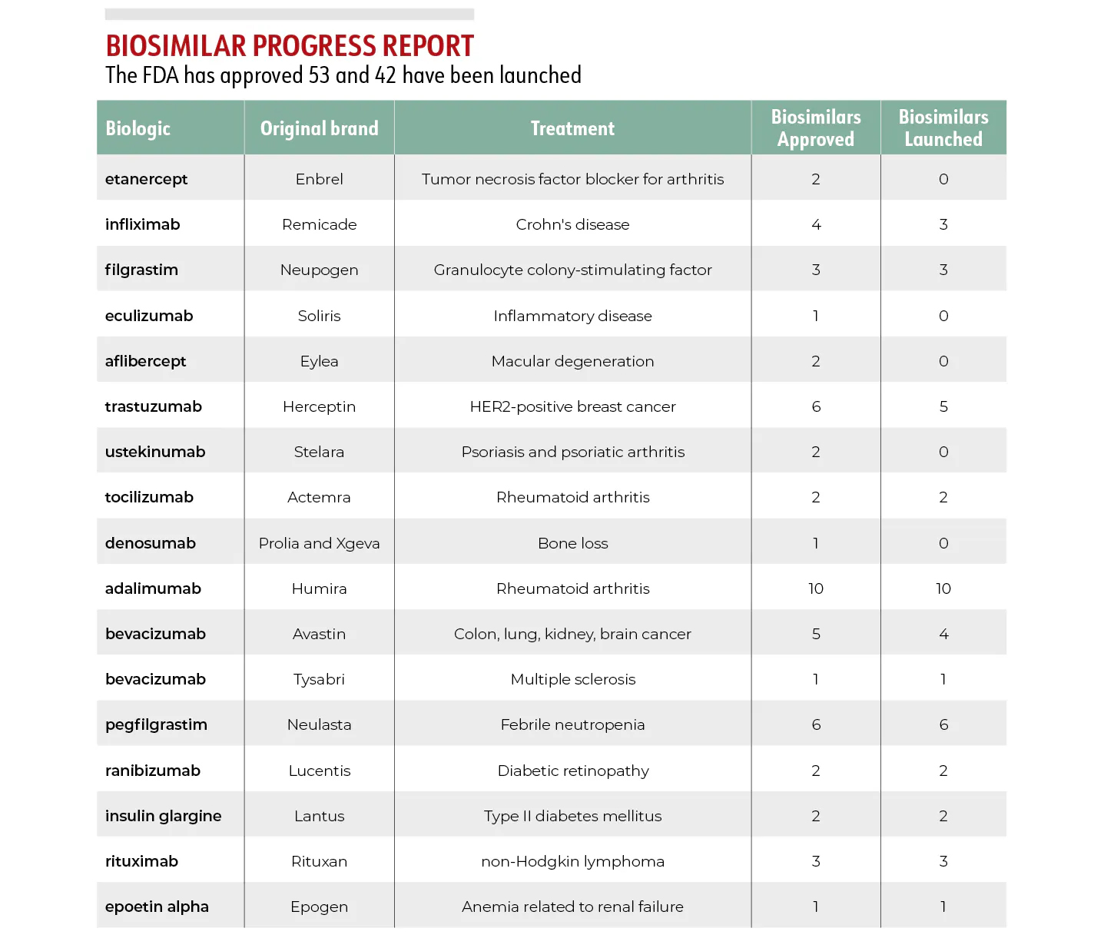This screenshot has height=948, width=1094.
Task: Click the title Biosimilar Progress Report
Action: (290, 46)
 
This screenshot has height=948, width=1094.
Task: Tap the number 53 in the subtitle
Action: (319, 75)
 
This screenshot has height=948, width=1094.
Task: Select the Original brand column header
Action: (319, 128)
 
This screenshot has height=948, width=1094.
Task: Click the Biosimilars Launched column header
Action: (943, 128)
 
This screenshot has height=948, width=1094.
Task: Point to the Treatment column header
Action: (572, 128)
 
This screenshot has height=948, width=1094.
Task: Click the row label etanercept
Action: (146, 179)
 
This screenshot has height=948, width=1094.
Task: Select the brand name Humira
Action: (319, 588)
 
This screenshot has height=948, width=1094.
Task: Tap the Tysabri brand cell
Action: (319, 679)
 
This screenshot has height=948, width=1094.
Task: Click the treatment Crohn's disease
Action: (572, 224)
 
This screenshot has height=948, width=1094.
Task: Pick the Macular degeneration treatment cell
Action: (572, 361)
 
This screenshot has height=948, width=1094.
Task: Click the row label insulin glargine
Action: (163, 816)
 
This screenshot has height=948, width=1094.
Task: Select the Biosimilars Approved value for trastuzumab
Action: (816, 406)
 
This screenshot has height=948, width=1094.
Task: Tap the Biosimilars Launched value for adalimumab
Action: (943, 588)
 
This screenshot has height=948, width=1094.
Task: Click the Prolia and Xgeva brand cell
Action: (319, 543)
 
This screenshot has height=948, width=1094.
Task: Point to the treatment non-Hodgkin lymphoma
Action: (572, 861)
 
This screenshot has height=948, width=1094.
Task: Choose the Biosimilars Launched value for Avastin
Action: (943, 634)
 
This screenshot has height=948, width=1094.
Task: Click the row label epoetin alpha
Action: (157, 907)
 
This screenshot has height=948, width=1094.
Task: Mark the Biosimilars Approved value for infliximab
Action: (816, 224)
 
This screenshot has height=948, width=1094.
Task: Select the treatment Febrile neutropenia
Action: (572, 724)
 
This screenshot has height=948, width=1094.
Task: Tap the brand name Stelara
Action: (319, 452)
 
